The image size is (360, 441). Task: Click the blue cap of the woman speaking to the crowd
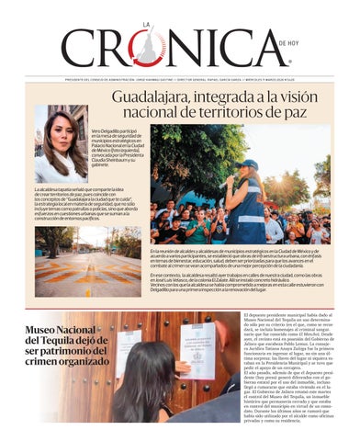tap(251, 164)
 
